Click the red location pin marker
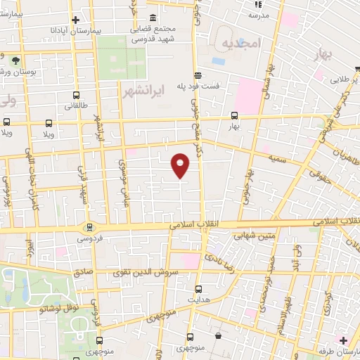click(181, 165)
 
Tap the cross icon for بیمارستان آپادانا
click(75, 20)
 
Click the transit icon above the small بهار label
click(233, 116)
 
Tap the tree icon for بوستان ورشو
click(15, 62)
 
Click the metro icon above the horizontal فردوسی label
click(89, 227)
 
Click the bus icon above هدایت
click(198, 289)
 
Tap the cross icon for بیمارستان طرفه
click(342, 340)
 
